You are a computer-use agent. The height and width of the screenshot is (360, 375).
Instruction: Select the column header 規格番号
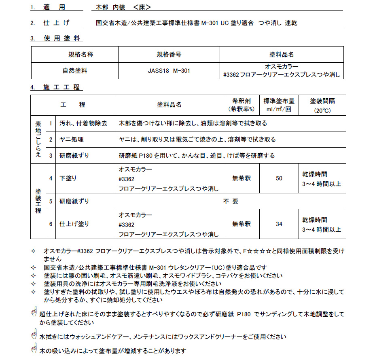(168, 54)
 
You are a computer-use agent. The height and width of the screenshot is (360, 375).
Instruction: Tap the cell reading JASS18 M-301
(168, 71)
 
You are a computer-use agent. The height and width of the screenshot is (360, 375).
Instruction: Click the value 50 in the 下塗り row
(279, 178)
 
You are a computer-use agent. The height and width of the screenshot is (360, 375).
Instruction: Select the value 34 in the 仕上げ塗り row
(279, 224)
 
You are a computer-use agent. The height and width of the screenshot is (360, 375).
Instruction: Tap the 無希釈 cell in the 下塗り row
(242, 178)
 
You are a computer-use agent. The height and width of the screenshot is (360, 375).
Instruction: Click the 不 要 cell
(231, 201)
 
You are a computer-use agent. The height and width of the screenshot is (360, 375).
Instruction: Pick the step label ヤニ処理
(72, 140)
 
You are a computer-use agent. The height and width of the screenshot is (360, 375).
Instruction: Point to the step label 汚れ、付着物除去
(83, 123)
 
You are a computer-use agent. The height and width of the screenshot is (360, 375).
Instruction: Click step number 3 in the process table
(51, 156)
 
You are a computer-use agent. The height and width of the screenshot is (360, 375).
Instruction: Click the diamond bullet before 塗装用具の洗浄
(34, 284)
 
